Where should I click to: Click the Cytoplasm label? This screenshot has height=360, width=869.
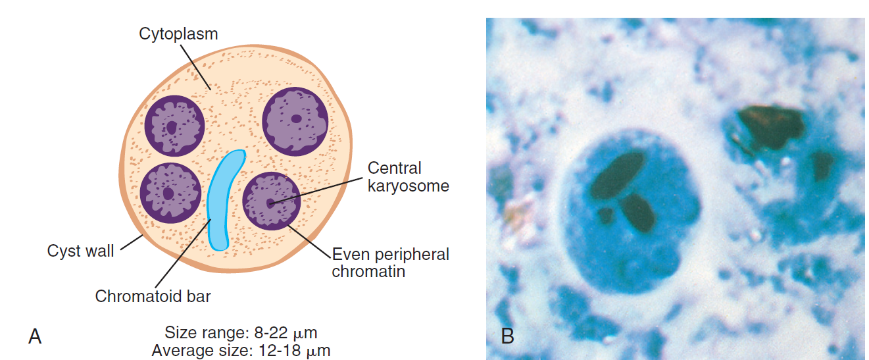[x=178, y=34]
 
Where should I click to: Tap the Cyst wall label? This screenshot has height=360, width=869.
[x=80, y=251]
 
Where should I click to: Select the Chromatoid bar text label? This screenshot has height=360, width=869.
[x=153, y=296]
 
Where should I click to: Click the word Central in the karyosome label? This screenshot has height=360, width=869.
[x=394, y=168]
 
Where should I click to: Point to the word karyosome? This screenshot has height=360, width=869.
[x=408, y=186]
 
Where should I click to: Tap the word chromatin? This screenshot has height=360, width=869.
[x=368, y=271]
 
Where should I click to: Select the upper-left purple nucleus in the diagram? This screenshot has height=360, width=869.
[x=174, y=126]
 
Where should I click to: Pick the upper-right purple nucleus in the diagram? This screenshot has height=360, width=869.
[x=295, y=121]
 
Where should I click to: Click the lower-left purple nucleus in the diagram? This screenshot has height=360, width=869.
[x=170, y=193]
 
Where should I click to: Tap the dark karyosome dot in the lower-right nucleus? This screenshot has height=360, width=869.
[x=270, y=203]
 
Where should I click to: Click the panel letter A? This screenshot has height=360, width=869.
[x=34, y=336]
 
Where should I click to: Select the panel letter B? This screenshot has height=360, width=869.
[x=507, y=336]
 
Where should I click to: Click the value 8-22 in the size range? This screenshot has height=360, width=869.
[x=271, y=333]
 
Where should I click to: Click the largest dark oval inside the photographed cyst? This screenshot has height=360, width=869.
[x=617, y=174]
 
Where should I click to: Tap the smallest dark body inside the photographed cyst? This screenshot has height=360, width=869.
[x=605, y=215]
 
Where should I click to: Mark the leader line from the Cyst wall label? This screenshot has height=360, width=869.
[x=132, y=242]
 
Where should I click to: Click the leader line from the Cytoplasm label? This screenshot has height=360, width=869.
[x=195, y=68]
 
